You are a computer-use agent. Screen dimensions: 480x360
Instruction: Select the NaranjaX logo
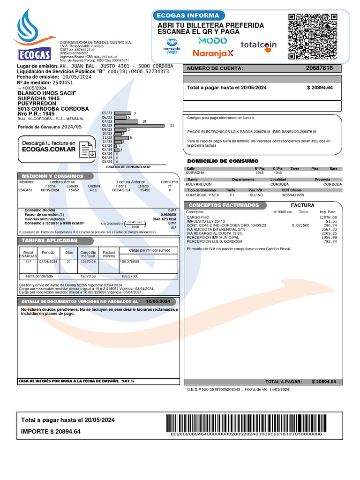[213, 53]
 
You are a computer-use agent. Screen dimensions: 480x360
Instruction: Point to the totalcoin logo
[258, 45]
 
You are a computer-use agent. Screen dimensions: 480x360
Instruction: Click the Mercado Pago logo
[172, 49]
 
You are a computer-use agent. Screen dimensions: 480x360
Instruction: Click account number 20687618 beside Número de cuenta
[319, 68]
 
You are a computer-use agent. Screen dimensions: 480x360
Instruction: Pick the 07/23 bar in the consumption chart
[126, 121]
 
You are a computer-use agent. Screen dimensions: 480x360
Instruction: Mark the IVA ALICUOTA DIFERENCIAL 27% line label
[216, 229]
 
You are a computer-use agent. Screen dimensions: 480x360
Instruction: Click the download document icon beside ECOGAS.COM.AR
[88, 149]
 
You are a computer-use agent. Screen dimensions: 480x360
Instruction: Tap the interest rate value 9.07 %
[127, 381]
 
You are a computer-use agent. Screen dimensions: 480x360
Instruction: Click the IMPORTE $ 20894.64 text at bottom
[51, 432]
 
